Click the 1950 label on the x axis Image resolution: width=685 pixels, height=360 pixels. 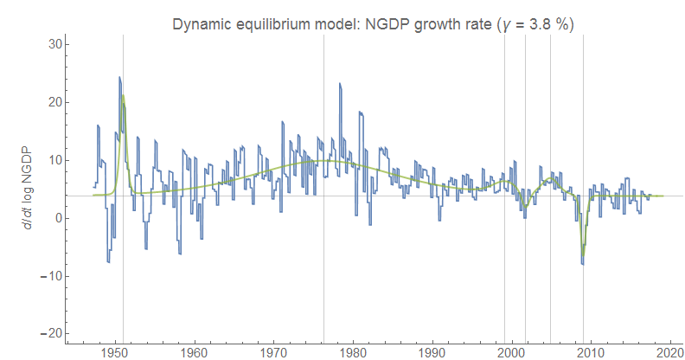(115, 353)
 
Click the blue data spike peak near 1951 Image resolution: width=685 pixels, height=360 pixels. (119, 77)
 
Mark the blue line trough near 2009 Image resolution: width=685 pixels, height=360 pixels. (582, 263)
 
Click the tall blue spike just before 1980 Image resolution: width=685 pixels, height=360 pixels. (340, 83)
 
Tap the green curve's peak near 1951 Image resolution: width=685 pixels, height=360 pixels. (123, 96)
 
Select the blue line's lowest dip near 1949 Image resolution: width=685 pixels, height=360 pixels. (108, 261)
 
